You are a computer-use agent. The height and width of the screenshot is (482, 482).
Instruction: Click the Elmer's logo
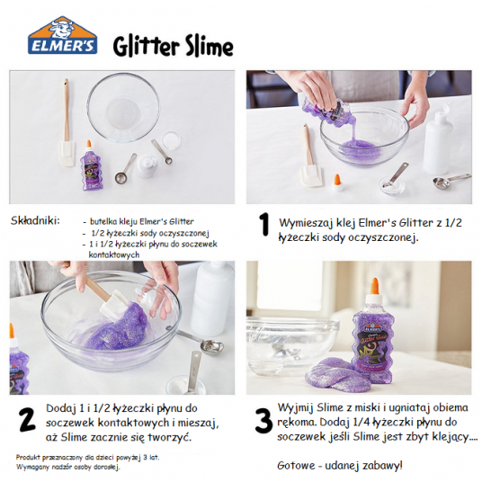(x=63, y=35)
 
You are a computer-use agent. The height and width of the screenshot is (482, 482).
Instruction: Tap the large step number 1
(x=264, y=225)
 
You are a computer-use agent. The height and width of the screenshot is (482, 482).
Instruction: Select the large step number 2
(x=27, y=419)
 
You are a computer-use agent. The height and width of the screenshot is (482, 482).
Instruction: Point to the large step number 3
(x=263, y=421)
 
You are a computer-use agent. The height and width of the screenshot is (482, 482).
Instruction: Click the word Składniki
(x=35, y=220)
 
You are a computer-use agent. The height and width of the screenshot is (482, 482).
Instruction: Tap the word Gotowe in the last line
(x=296, y=466)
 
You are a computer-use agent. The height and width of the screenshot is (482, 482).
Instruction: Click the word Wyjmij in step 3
(x=296, y=408)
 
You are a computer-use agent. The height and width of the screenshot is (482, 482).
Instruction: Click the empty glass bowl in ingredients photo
(x=123, y=107)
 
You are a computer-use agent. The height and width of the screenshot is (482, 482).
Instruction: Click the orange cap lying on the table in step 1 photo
(x=337, y=183)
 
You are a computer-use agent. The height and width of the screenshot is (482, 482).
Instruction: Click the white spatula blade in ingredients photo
(x=67, y=154)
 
